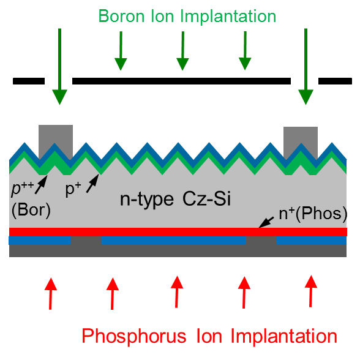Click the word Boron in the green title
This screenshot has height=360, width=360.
pos(121,17)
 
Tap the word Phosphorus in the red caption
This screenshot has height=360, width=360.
pos(134,337)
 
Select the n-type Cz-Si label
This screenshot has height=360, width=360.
pos(175,199)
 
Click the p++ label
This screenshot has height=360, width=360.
pos(23,189)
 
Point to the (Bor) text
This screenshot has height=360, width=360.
pos(31,210)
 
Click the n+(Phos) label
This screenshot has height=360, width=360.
pos(313,214)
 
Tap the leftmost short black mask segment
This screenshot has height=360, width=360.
pos(29,81)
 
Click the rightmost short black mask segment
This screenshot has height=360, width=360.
pos(335,81)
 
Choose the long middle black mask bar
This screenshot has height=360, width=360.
pos(181,81)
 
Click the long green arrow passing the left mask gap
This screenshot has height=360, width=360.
pos(60,67)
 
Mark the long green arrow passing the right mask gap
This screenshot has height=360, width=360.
pos(306,67)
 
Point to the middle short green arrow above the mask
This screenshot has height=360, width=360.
pos(182,51)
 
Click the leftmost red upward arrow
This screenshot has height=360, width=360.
pos(50,294)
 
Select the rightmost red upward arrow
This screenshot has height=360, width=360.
pos(311,291)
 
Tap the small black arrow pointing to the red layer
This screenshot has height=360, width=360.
pos(266,222)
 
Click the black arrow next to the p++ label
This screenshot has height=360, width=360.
pos(41,185)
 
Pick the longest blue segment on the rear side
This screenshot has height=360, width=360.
pos(173,240)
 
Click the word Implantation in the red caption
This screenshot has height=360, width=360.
pos(284,337)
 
